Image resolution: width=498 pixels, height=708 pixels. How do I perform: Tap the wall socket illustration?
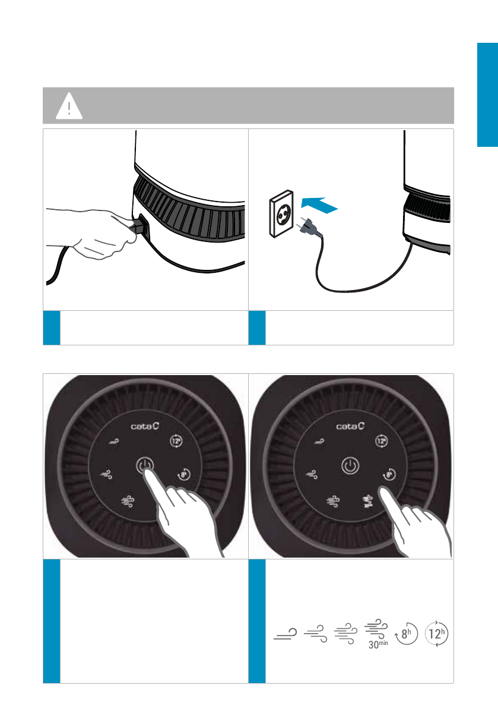[x=282, y=213]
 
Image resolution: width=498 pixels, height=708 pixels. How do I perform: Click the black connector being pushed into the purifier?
[x=138, y=225]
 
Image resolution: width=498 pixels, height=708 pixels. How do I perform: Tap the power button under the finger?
[x=145, y=465]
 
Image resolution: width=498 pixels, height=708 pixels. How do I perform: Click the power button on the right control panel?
[x=350, y=465]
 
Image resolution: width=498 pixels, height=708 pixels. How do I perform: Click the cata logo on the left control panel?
[x=145, y=426]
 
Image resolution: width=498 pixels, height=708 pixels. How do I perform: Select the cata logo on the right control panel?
[x=350, y=426]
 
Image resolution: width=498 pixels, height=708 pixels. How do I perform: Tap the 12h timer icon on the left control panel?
[x=176, y=440]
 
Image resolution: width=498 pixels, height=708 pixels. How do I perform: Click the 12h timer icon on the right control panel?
[x=381, y=440]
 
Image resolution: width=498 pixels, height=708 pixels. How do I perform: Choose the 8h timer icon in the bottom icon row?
[x=406, y=634]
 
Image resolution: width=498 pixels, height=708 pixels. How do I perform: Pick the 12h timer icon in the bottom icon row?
[x=437, y=634]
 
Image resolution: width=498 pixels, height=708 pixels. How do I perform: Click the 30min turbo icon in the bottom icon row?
[x=376, y=634]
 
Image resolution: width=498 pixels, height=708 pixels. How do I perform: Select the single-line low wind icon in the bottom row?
[x=286, y=634]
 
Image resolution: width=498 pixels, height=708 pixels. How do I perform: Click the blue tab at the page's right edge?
[x=488, y=95]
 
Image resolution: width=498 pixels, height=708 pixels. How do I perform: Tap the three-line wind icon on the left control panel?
[x=128, y=501]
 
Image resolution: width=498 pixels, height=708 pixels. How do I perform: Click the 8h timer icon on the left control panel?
[x=184, y=474]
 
